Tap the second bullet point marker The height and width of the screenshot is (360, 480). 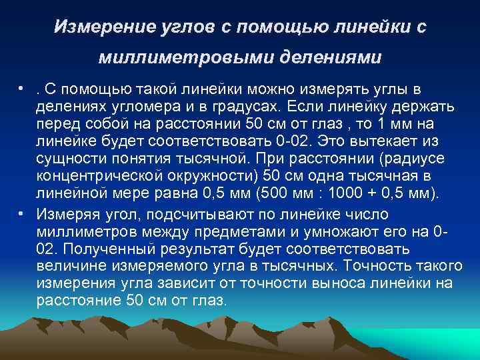[22, 213]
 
